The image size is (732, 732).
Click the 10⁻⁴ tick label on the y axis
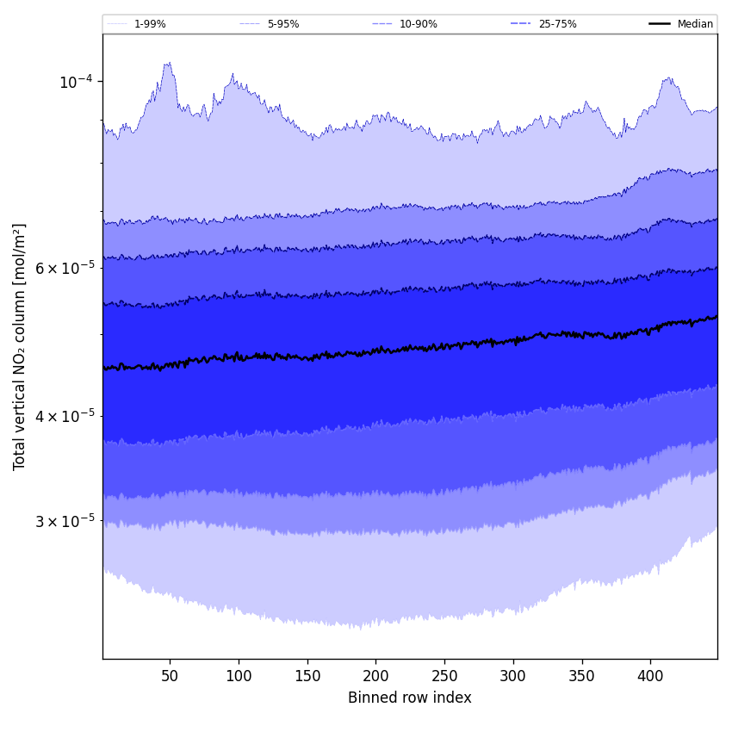pos(76,82)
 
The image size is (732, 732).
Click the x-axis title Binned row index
pos(410,698)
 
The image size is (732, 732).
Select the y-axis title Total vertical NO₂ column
pos(20,346)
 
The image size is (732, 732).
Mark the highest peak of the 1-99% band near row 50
pos(169,62)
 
